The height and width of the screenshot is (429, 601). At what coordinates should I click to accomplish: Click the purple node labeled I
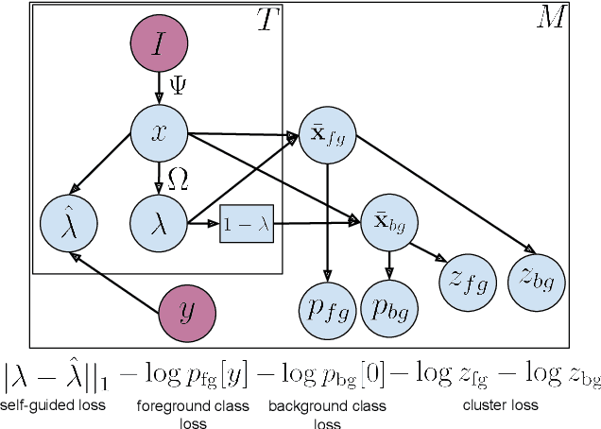pos(159,43)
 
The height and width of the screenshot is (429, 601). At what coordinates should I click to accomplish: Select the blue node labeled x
pos(159,133)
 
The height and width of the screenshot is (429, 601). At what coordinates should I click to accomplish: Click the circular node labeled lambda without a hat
pos(159,225)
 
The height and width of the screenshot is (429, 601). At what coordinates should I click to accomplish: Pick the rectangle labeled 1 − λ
pos(247,225)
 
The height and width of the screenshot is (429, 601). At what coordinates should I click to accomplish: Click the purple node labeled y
pos(185,310)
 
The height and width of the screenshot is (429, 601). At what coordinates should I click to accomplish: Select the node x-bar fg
pos(326,133)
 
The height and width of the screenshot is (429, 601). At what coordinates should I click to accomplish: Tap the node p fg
pos(326,310)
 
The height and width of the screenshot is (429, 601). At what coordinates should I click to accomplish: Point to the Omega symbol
pos(178,180)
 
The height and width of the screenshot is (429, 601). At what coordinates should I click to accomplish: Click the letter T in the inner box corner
pos(268,21)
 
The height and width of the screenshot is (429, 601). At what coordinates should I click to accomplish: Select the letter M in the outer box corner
pos(550,19)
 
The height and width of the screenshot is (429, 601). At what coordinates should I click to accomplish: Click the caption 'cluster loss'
pos(501,405)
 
